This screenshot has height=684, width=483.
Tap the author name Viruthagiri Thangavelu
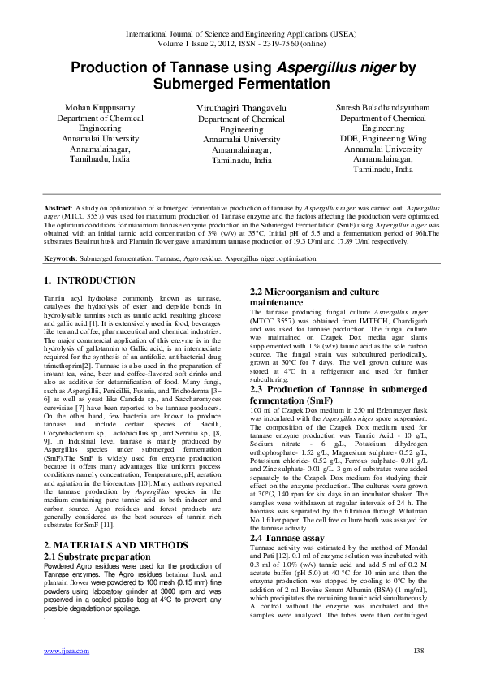point(240,109)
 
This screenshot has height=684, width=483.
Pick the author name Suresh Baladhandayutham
point(382,108)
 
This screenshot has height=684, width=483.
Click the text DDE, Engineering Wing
point(382,139)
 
